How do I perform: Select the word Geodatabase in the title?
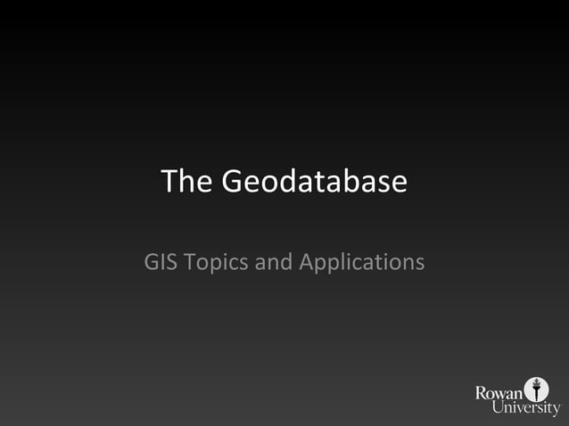(x=314, y=182)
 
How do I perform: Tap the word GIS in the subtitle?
(x=160, y=263)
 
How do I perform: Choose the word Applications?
(x=361, y=264)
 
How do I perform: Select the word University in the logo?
(x=526, y=408)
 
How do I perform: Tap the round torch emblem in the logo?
(x=537, y=389)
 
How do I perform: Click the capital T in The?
(x=170, y=182)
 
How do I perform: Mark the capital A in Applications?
(x=307, y=263)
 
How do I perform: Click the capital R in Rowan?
(x=482, y=392)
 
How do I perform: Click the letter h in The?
(x=187, y=182)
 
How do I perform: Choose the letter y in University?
(x=556, y=410)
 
